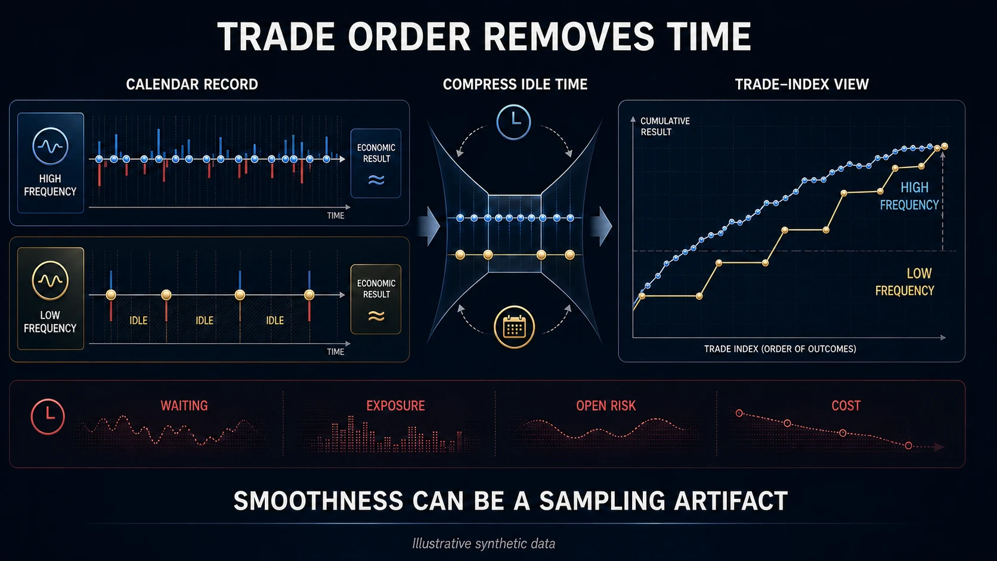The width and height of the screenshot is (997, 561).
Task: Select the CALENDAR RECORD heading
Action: coord(192,85)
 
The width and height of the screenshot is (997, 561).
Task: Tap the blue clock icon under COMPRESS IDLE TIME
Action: coord(513,122)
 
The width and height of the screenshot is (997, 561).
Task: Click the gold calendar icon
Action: coord(514,327)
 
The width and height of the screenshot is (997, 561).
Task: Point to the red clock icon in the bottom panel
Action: coord(48,416)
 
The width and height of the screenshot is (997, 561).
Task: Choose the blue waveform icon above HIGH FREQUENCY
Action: coord(50,147)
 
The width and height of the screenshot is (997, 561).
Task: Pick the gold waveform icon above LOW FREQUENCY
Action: coord(50,280)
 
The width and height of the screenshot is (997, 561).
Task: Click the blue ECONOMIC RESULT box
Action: coord(376,163)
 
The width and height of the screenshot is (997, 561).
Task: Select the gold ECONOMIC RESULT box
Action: coord(376,299)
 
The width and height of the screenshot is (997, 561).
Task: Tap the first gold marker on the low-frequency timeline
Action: coord(111,295)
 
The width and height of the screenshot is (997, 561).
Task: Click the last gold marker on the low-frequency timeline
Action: coord(309,295)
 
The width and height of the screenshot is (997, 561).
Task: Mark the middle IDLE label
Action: coord(205,320)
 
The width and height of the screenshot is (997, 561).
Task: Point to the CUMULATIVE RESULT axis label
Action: coord(665,126)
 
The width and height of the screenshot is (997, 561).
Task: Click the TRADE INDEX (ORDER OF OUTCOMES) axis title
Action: coord(780,349)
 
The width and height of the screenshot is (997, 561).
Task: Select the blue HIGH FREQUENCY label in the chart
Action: coord(910,196)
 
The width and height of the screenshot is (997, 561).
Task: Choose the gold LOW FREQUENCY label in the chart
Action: coord(905,281)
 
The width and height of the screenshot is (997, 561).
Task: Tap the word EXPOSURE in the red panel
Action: coord(396,406)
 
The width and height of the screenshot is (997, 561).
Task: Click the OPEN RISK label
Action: coord(606,406)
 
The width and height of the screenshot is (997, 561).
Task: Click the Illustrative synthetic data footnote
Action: coord(484,544)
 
